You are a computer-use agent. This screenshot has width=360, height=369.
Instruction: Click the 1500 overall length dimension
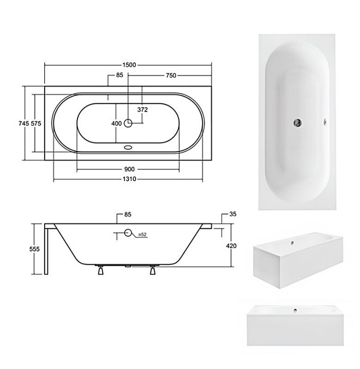[129, 65]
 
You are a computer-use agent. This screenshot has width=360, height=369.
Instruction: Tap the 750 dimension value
[171, 76]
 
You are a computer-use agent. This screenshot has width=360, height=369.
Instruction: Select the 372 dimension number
[142, 110]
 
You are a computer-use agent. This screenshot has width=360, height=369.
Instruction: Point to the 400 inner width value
[117, 124]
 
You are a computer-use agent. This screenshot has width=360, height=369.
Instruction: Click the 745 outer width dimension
[24, 123]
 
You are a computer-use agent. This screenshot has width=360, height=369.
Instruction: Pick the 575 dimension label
[36, 123]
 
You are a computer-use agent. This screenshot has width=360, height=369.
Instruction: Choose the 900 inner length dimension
[130, 169]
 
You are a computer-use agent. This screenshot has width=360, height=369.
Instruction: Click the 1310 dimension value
[130, 179]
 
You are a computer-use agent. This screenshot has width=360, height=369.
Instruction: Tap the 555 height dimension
[35, 249]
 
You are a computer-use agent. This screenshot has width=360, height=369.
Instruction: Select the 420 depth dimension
[231, 246]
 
